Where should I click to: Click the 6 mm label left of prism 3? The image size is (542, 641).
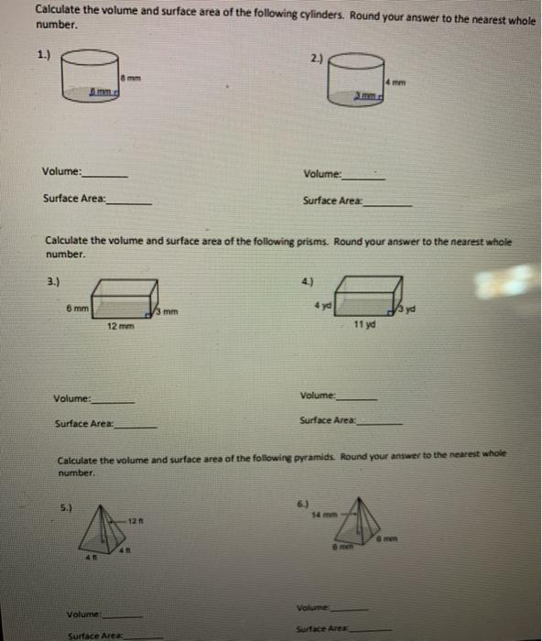click(77, 309)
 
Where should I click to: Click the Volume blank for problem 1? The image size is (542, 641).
click(105, 174)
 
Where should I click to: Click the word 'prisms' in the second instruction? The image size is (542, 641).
click(312, 242)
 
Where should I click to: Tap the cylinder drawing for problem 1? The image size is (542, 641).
click(92, 76)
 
